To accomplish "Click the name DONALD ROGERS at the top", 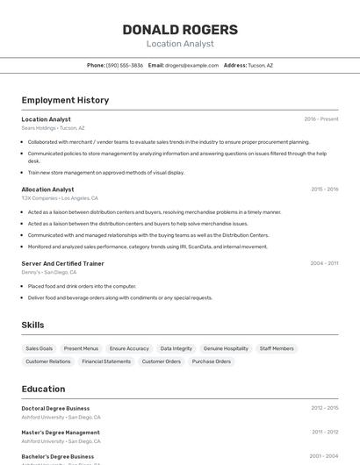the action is [180, 29].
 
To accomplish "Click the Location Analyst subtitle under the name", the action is [180, 44].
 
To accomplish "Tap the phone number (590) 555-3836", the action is [125, 66].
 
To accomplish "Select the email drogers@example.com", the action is [192, 66].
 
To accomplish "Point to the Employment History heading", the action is [65, 100].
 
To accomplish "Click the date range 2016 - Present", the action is [320, 119].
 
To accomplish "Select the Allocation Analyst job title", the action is [47, 190].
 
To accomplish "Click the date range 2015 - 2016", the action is [324, 190].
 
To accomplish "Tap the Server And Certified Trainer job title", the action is [62, 263].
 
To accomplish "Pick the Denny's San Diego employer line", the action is [49, 272].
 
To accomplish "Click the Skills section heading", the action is [32, 325].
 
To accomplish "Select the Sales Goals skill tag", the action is [39, 348].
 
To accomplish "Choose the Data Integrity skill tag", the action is [176, 348].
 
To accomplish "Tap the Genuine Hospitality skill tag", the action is [226, 348].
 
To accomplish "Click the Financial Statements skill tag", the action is [106, 361].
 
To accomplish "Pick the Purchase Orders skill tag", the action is [212, 361].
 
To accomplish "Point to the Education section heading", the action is [43, 389].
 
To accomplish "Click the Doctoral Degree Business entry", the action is [55, 408].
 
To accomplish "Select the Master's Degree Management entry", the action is [61, 433].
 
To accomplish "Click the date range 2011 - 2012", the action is [324, 433].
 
